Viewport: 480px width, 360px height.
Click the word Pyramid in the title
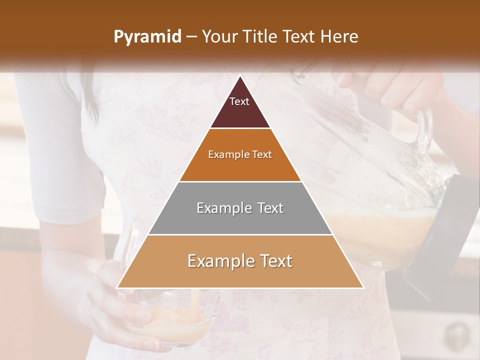tap(147, 37)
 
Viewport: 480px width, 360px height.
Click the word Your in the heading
tap(218, 37)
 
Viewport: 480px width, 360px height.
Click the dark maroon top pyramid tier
tap(240, 112)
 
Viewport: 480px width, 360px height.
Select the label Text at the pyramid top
tap(239, 101)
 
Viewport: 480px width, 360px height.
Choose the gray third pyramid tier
tap(240, 220)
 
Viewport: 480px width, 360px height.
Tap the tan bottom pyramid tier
tap(240, 275)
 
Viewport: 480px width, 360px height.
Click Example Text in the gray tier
tap(240, 208)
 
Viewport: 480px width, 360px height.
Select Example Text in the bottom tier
tap(240, 261)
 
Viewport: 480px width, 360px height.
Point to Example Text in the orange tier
tap(240, 154)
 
